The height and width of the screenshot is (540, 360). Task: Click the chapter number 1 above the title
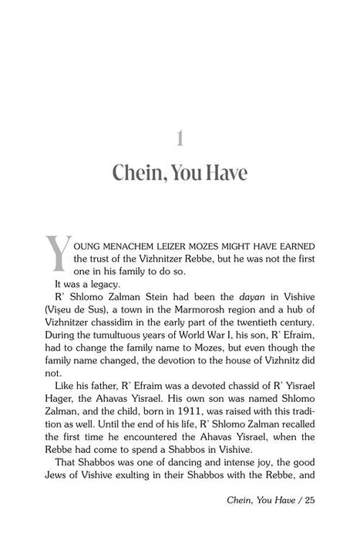point(179,138)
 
